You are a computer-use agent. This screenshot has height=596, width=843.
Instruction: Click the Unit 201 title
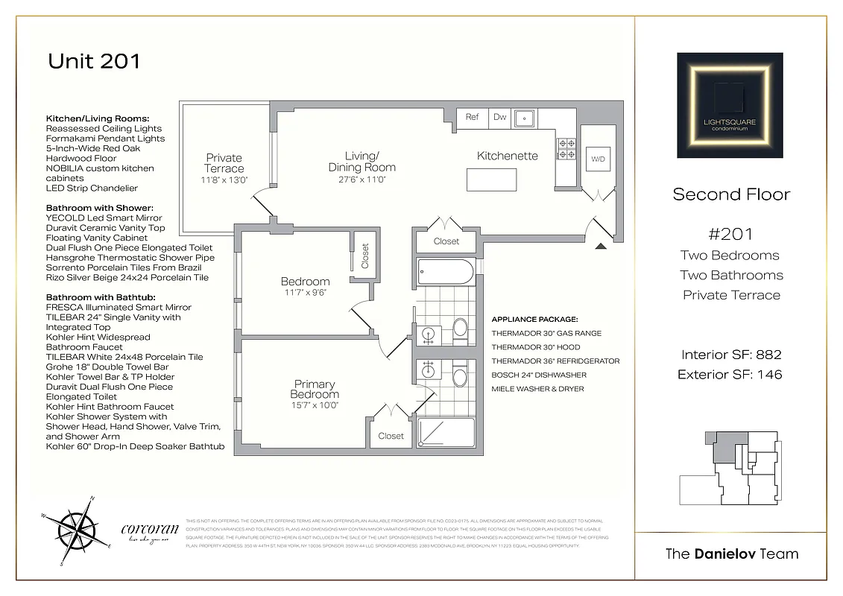(x=94, y=61)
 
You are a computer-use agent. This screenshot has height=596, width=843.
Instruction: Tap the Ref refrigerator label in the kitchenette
(x=472, y=117)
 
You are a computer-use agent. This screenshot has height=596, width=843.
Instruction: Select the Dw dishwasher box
(x=499, y=117)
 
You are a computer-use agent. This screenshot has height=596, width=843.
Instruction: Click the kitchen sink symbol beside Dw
(x=525, y=118)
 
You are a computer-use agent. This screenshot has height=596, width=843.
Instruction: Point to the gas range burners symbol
(x=566, y=149)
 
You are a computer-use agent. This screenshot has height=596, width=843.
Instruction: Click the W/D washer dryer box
(x=598, y=159)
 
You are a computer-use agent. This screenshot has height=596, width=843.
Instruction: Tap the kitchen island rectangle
(x=492, y=180)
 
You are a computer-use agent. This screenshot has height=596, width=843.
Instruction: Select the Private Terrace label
(x=224, y=163)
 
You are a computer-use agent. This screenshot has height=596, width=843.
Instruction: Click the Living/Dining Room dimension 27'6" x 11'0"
(x=361, y=180)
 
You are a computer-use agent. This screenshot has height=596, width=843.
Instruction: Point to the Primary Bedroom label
(x=315, y=389)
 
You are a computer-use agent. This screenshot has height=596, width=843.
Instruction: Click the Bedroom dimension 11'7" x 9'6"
(x=305, y=293)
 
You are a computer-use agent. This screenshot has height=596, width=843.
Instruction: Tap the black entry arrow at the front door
(x=601, y=246)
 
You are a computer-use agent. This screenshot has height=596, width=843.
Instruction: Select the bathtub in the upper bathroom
(x=445, y=272)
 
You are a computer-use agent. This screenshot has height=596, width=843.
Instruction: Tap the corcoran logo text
(x=149, y=530)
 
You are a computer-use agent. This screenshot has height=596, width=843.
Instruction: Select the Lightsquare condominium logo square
(x=730, y=105)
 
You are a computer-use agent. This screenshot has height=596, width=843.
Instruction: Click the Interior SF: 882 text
(x=730, y=355)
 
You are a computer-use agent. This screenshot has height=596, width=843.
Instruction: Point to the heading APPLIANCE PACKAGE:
(x=534, y=319)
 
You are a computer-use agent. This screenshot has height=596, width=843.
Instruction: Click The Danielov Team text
(x=731, y=554)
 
